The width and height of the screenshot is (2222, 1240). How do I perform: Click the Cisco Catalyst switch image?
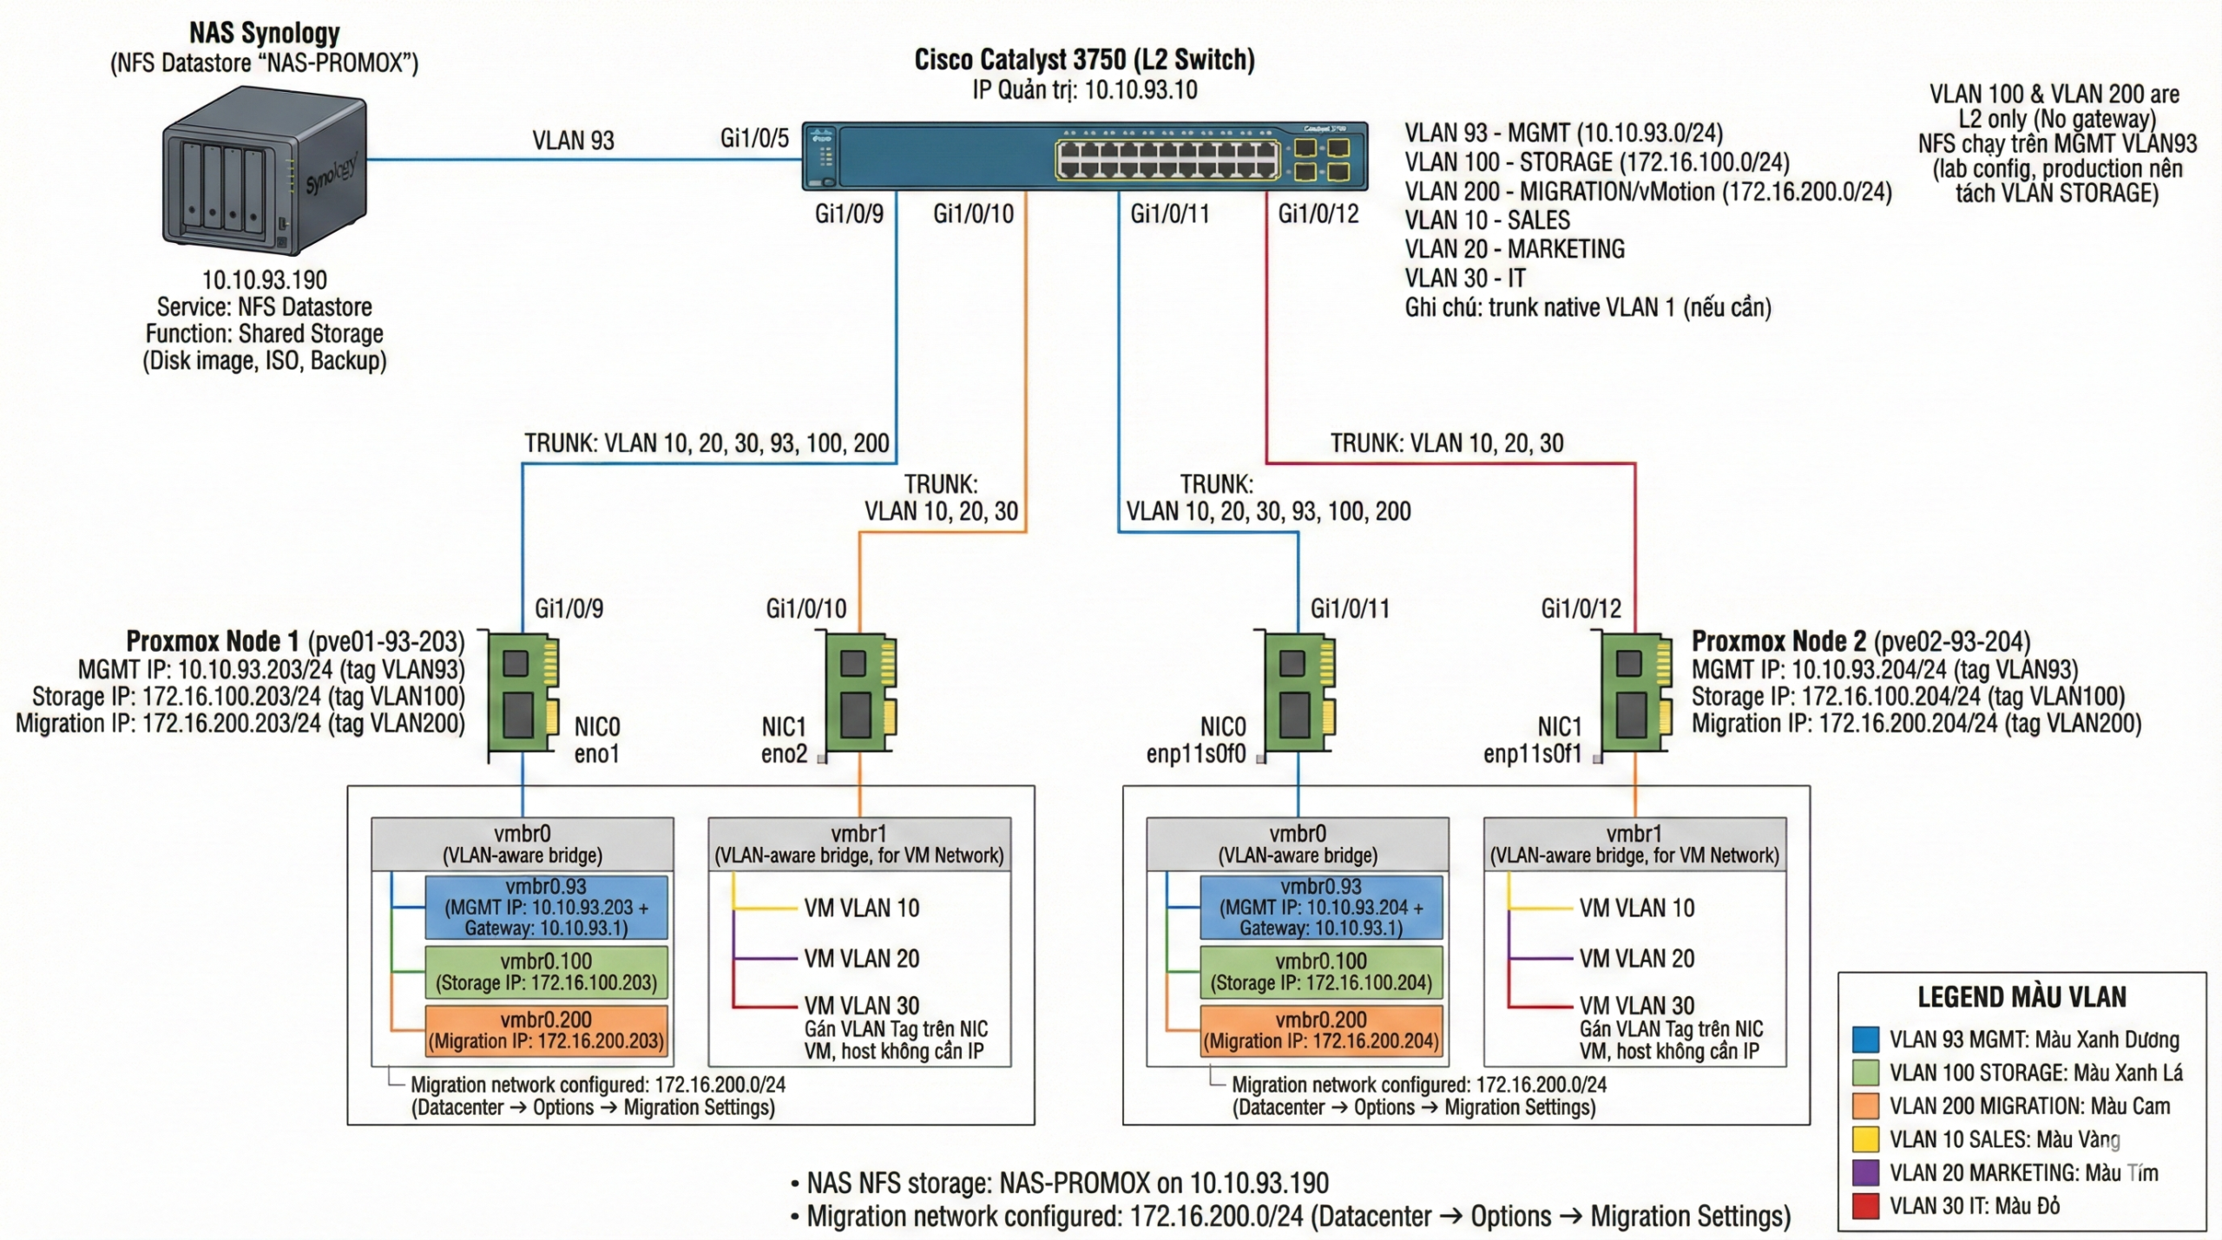pos(1084,156)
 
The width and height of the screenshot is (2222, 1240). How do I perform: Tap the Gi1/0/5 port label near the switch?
pos(753,138)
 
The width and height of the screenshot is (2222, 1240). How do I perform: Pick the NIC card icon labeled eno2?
pos(860,694)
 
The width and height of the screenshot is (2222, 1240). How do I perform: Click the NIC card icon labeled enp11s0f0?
pos(1298,694)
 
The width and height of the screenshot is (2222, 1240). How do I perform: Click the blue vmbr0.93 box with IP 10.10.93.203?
pos(546,908)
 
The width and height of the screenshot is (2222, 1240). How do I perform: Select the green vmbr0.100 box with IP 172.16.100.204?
pos(1321,972)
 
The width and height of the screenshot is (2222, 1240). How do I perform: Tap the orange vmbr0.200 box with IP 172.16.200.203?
pos(546,1031)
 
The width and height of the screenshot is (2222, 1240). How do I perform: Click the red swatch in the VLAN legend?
pos(1865,1206)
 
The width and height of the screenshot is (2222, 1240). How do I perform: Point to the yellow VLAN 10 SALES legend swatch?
pos(1865,1139)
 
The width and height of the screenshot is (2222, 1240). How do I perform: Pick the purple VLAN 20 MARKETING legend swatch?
pos(1865,1173)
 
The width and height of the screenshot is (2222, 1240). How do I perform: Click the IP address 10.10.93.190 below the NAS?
pos(265,280)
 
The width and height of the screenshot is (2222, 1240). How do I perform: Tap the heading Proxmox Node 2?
pos(1778,641)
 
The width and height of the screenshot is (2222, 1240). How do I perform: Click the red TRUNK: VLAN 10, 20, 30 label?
pos(1447,443)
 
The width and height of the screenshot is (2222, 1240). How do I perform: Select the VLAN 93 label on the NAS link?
pos(573,141)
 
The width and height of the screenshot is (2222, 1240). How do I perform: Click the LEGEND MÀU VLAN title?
pos(2021,997)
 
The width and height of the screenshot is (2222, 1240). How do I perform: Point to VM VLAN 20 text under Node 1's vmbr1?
pos(861,959)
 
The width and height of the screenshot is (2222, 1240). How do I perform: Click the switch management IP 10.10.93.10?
pos(1141,89)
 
